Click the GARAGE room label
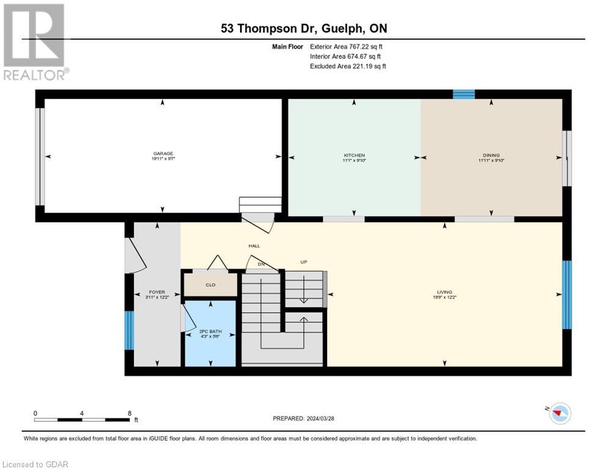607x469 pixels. [x=163, y=153]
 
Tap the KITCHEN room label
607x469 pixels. [x=354, y=155]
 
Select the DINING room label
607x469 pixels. [x=491, y=155]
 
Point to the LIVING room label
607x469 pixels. [x=444, y=292]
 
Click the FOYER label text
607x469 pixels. [x=157, y=292]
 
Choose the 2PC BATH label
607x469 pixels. [x=210, y=332]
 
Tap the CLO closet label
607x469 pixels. [x=210, y=285]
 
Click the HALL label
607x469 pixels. [x=254, y=245]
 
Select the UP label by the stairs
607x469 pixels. [x=303, y=262]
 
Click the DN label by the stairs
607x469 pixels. [x=261, y=264]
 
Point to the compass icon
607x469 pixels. [x=559, y=413]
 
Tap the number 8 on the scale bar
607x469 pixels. [x=129, y=413]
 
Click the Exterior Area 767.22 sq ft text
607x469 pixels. [x=346, y=46]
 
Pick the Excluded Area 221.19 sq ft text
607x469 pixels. [x=348, y=66]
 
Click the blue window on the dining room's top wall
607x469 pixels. [x=463, y=94]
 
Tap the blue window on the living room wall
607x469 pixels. [x=567, y=295]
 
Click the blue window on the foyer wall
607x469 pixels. [x=129, y=330]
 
